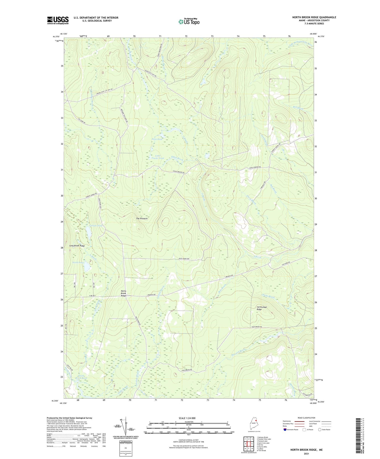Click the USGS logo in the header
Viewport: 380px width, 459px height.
tap(58, 20)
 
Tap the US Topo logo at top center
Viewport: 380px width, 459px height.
tap(189, 22)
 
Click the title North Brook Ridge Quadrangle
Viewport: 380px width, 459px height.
tap(314, 17)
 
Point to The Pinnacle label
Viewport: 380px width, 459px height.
tap(142, 218)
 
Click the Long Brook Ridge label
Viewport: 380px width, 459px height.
tap(77, 246)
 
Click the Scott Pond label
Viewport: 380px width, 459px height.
tap(157, 139)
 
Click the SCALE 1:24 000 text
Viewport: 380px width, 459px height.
tap(187, 418)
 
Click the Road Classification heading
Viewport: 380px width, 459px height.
tap(307, 418)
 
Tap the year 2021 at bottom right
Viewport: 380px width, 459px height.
tap(306, 454)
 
